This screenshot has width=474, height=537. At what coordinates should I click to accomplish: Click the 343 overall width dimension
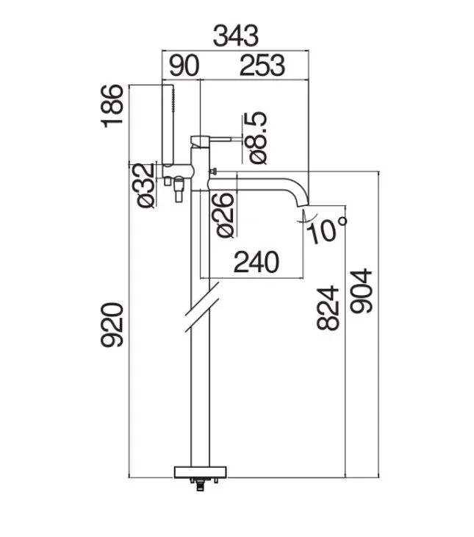pyautogui.click(x=236, y=35)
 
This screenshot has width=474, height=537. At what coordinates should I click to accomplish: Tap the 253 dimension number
pyautogui.click(x=262, y=65)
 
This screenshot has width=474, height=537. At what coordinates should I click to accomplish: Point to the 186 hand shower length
pyautogui.click(x=112, y=106)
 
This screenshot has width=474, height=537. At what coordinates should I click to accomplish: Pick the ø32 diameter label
pyautogui.click(x=145, y=185)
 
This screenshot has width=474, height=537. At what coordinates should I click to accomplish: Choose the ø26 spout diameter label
pyautogui.click(x=225, y=215)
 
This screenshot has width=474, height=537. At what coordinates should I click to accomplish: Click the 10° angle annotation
pyautogui.click(x=327, y=230)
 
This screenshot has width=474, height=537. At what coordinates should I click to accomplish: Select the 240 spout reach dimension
pyautogui.click(x=256, y=262)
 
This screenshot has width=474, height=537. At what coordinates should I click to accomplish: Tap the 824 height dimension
pyautogui.click(x=328, y=308)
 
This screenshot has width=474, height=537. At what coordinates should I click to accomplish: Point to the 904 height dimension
pyautogui.click(x=361, y=291)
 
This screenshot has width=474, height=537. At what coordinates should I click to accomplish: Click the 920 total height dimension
pyautogui.click(x=112, y=325)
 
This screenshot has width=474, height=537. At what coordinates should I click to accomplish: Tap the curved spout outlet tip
pyautogui.click(x=303, y=204)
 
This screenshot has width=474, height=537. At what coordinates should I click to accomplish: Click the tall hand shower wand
pyautogui.click(x=168, y=124)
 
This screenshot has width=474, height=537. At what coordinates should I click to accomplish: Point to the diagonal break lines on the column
pyautogui.click(x=202, y=307)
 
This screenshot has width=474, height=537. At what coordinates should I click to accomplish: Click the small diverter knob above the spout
pyautogui.click(x=213, y=171)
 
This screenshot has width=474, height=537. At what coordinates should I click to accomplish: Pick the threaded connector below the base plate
pyautogui.click(x=200, y=485)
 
